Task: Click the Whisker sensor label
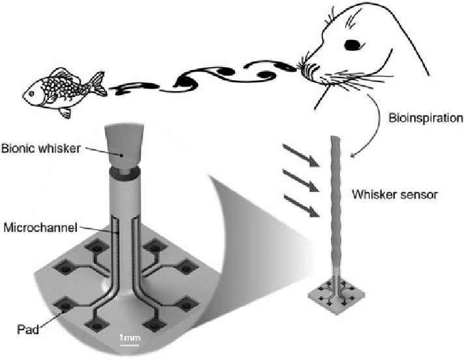[391, 193]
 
